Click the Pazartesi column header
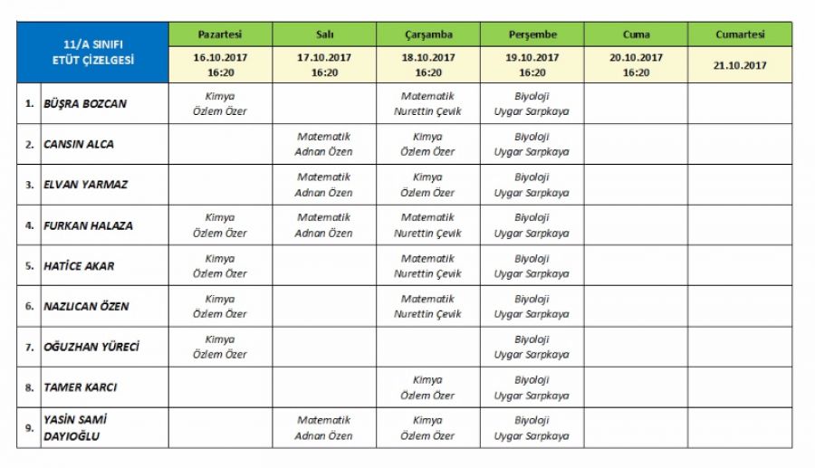coord(220,34)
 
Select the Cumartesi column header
coord(739,34)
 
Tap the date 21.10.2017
coord(739,65)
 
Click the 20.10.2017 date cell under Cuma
coord(636,65)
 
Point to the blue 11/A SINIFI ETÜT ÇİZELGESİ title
coord(92,53)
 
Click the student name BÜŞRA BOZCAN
coord(85,104)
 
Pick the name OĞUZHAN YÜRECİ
coord(91,347)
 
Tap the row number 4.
coord(29,225)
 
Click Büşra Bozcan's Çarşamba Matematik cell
coord(427,104)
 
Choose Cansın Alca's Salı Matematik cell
coord(324,145)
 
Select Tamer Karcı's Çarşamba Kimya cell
coord(427,387)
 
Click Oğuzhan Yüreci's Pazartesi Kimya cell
coord(220,347)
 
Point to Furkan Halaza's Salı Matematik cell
coord(324,225)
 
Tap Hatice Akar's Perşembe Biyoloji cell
coord(532,266)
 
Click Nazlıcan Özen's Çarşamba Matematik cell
coord(427,306)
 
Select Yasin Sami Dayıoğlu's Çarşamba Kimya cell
coord(427,428)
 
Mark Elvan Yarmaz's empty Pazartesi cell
coord(220,185)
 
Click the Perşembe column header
coord(532,34)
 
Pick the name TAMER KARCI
coord(81,387)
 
